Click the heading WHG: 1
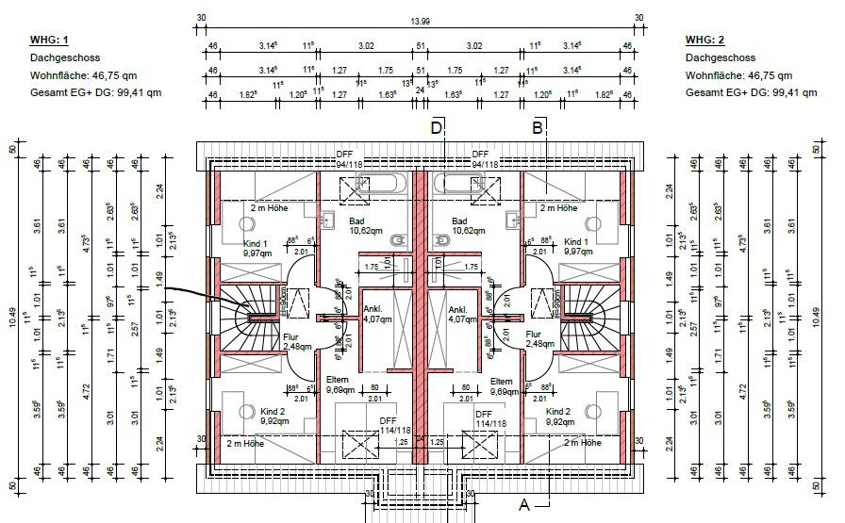pyautogui.click(x=50, y=40)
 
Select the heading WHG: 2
pyautogui.click(x=704, y=40)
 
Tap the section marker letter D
pyautogui.click(x=437, y=128)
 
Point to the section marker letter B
pyautogui.click(x=538, y=128)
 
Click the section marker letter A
pyautogui.click(x=524, y=505)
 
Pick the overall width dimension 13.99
pyautogui.click(x=422, y=22)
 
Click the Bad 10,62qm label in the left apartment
pyautogui.click(x=337, y=225)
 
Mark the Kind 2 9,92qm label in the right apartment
pyautogui.click(x=558, y=417)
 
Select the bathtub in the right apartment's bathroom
pyautogui.click(x=469, y=183)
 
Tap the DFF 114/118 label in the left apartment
pyautogui.click(x=388, y=425)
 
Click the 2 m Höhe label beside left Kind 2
pyautogui.click(x=245, y=442)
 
